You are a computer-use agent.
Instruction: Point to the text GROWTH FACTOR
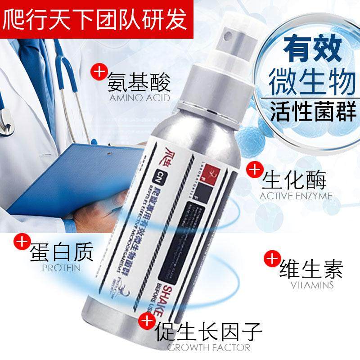pyautogui.click(x=208, y=347)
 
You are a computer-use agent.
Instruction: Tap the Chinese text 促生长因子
pyautogui.click(x=208, y=332)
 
